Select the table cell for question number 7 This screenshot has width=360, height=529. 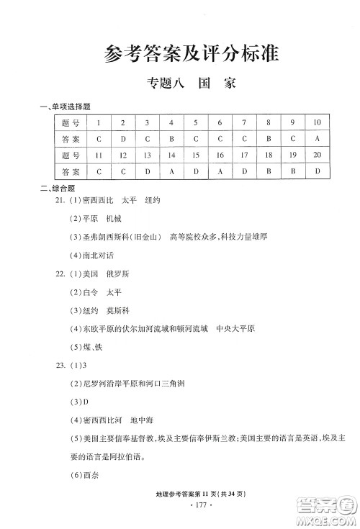(x=244, y=122)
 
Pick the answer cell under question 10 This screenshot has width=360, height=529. (x=317, y=138)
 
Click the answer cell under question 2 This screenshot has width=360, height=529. (x=123, y=138)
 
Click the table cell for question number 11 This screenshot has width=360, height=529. (x=99, y=155)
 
